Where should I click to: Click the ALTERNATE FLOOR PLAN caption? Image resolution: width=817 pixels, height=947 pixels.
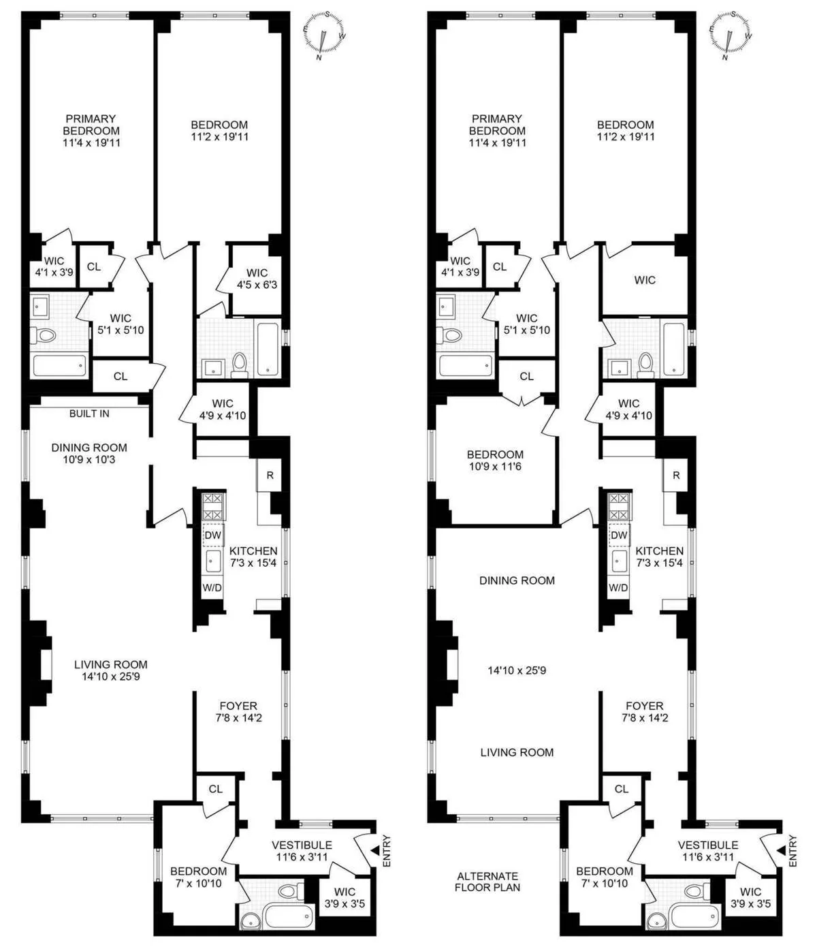tap(487, 882)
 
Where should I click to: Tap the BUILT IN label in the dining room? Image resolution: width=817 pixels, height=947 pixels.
tap(89, 414)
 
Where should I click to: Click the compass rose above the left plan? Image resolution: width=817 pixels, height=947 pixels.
tap(324, 34)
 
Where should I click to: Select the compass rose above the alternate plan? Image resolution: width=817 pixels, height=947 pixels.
tap(730, 34)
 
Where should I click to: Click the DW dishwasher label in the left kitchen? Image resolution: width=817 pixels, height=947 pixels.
tap(213, 535)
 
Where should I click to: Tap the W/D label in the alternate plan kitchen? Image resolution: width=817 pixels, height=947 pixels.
tap(618, 587)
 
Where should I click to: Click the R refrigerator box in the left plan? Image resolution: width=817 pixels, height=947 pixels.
tap(270, 475)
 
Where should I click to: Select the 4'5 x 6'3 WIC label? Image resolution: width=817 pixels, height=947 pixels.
tap(257, 279)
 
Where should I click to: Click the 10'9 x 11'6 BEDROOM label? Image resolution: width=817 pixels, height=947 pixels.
tap(495, 461)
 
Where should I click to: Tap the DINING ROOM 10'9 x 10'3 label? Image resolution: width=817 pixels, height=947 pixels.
tap(89, 454)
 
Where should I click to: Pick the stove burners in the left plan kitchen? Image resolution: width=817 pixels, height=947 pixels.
tap(213, 506)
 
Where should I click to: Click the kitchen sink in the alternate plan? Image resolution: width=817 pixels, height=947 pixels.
tap(619, 561)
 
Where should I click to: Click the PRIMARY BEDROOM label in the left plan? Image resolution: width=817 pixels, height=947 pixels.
tap(91, 130)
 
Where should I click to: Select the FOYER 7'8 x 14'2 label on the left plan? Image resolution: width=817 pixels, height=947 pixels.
tap(238, 712)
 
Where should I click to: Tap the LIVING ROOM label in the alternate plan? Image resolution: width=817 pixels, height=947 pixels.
tap(517, 752)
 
